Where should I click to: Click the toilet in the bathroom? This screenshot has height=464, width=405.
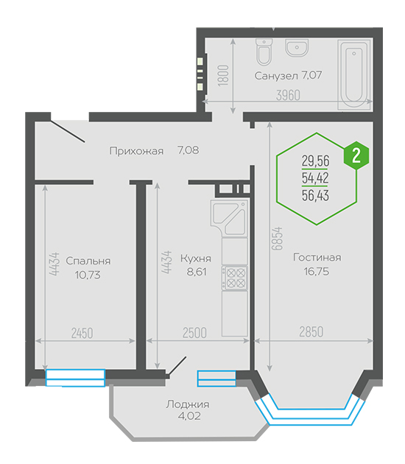[x=264, y=52]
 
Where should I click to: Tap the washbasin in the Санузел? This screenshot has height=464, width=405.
[x=297, y=48]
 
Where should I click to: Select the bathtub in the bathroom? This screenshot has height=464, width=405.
[x=354, y=74]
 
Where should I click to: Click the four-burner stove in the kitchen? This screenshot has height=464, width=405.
[x=234, y=278]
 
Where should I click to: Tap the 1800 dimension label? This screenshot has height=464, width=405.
[x=224, y=76]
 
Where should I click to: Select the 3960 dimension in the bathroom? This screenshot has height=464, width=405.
[x=288, y=95]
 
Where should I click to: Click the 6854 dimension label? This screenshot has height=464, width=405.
[x=278, y=239]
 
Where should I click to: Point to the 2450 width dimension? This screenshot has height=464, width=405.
[x=82, y=333]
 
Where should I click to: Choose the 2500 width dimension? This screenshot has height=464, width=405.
[x=194, y=333]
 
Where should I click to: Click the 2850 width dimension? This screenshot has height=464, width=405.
[x=311, y=331]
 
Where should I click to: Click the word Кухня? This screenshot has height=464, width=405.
[x=196, y=259]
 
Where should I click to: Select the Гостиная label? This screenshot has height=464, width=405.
[x=317, y=258]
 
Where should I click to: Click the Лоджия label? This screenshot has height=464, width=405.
[x=188, y=404]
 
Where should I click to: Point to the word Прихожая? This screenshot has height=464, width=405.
[x=136, y=151]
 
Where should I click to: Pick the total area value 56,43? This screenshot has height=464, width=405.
[x=315, y=196]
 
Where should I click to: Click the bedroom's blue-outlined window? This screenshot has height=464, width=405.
[x=75, y=378]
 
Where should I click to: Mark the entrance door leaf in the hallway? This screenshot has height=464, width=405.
[x=68, y=131]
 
